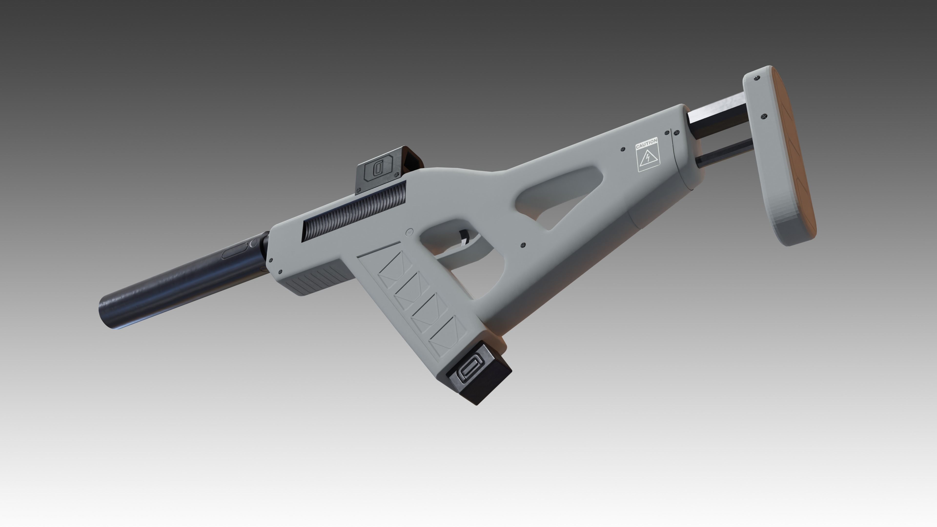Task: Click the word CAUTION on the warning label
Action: [646, 143]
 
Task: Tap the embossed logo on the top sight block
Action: [378, 168]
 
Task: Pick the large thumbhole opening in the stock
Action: [560, 196]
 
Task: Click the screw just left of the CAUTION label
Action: [623, 149]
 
